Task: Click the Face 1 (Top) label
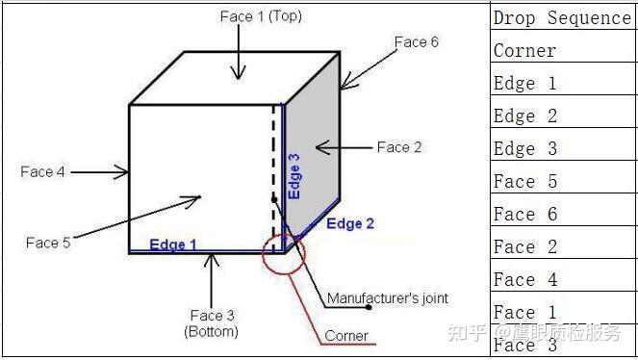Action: click(261, 16)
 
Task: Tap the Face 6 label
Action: click(416, 42)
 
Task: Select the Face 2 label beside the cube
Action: click(398, 147)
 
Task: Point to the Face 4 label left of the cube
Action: click(42, 172)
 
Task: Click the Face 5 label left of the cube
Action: click(48, 243)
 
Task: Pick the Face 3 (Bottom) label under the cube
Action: click(212, 322)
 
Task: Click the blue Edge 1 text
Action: click(172, 244)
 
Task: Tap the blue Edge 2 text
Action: click(350, 224)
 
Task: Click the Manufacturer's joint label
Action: click(388, 298)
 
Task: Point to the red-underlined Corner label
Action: click(346, 336)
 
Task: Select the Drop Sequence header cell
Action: click(561, 18)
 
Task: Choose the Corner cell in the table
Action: click(524, 50)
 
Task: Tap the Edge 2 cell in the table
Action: click(524, 116)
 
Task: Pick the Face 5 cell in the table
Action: click(524, 181)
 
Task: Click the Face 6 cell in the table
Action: click(524, 214)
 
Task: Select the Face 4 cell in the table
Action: click(524, 279)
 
